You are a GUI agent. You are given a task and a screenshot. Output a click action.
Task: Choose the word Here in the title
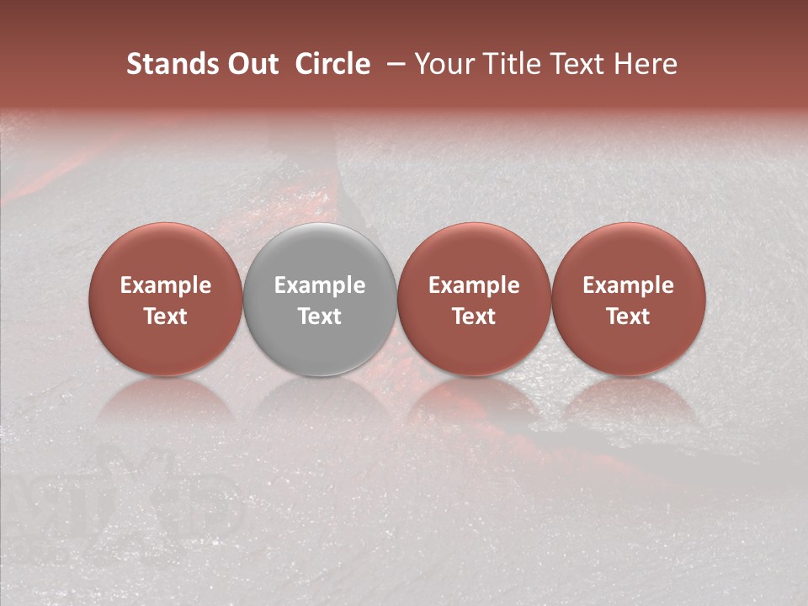coord(646,64)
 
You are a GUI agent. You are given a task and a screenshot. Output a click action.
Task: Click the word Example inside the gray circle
coord(320,286)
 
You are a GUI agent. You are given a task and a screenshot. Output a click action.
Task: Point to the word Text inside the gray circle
coord(320,316)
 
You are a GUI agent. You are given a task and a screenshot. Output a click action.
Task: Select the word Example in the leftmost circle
coord(166,286)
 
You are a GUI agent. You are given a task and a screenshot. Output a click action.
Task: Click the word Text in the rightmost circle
coord(629,316)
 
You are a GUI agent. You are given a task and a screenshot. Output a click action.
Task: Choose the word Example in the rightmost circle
coord(629,286)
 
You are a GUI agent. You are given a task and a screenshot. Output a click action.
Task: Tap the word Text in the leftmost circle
coord(166,316)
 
